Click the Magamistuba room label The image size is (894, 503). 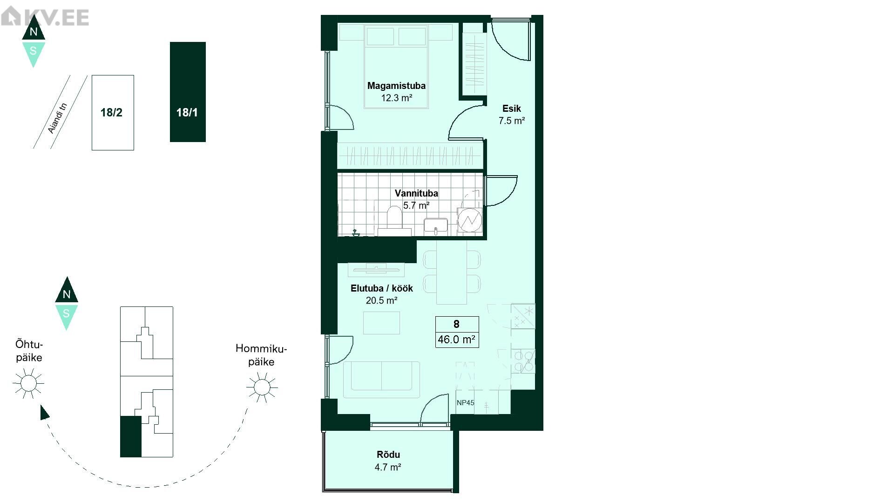click(x=396, y=86)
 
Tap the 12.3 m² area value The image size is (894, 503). click(x=397, y=98)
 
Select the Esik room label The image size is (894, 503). click(x=511, y=109)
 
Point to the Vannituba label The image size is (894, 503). click(x=416, y=193)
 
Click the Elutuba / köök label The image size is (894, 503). click(x=382, y=288)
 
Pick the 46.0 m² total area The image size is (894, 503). click(x=456, y=340)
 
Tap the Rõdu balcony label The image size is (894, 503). click(x=388, y=455)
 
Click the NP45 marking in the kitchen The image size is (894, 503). click(x=465, y=403)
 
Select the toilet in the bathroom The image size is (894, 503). click(x=394, y=218)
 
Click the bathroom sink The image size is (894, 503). click(x=436, y=226)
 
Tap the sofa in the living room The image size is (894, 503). click(x=382, y=380)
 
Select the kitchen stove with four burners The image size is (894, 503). click(x=523, y=361)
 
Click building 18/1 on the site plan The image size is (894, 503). click(x=188, y=92)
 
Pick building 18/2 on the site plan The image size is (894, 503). click(x=113, y=113)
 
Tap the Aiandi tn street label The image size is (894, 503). click(x=58, y=118)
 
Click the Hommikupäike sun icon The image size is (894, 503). click(x=262, y=387)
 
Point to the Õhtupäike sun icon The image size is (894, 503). click(x=28, y=383)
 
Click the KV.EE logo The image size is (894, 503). click(x=45, y=17)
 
